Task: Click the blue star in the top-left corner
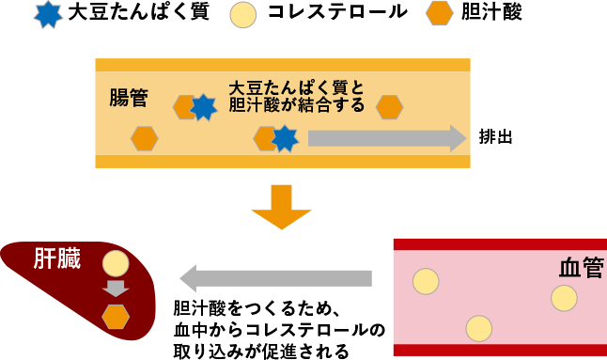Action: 47,13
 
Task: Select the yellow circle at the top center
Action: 242,15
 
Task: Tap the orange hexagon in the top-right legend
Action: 440,13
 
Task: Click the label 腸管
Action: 129,97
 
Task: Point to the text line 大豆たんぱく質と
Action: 296,87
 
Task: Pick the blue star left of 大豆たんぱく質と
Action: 203,107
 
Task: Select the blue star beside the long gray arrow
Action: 285,138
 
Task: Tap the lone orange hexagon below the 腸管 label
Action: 144,138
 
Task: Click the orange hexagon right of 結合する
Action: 389,107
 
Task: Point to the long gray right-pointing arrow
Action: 386,138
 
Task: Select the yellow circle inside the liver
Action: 116,263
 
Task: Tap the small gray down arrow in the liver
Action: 116,289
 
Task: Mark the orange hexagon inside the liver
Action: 116,317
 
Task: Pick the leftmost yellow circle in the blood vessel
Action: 426,281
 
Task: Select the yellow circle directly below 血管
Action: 564,298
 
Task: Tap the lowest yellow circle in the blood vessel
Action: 479,328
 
